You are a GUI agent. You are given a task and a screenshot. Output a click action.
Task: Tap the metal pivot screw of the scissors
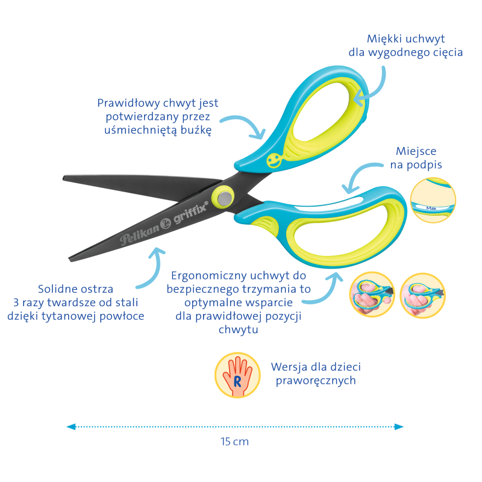225,198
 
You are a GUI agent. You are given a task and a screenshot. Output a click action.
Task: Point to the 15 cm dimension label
234,442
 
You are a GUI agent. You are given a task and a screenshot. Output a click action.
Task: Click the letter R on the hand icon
237,381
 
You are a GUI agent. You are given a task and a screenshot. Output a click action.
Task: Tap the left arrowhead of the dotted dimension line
71,427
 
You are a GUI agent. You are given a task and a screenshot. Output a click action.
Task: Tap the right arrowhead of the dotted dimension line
399,427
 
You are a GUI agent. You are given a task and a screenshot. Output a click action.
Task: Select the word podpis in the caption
425,165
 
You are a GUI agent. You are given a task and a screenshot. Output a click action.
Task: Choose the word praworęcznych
316,381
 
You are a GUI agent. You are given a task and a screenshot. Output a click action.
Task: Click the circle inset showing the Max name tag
433,200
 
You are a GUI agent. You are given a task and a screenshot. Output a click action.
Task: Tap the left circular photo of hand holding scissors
372,294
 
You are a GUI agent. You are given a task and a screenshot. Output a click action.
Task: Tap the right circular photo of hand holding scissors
423,295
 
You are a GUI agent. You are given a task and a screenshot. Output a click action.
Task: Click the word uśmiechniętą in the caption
140,130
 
